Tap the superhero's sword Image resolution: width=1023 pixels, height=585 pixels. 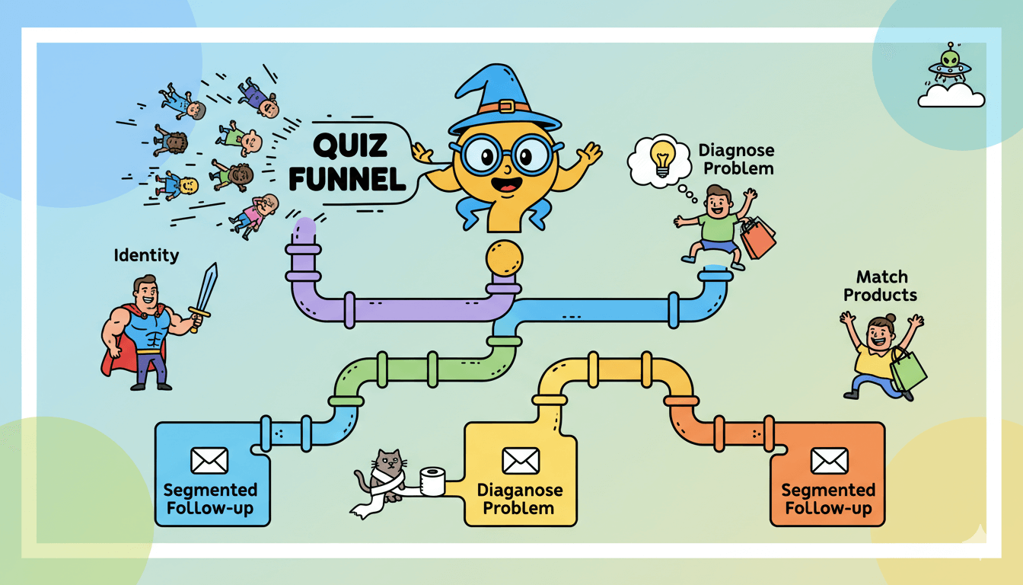point(205,293)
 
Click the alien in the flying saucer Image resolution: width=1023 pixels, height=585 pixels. point(949,59)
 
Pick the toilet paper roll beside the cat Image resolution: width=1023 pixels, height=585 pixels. point(432,481)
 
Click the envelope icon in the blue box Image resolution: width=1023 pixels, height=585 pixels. point(209,460)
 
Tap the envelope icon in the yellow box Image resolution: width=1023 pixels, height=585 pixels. point(521,460)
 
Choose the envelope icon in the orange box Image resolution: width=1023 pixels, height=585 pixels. point(828,460)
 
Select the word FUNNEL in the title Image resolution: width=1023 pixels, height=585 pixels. point(356,180)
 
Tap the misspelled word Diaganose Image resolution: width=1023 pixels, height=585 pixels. point(521,490)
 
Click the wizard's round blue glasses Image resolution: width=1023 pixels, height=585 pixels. point(505,156)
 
